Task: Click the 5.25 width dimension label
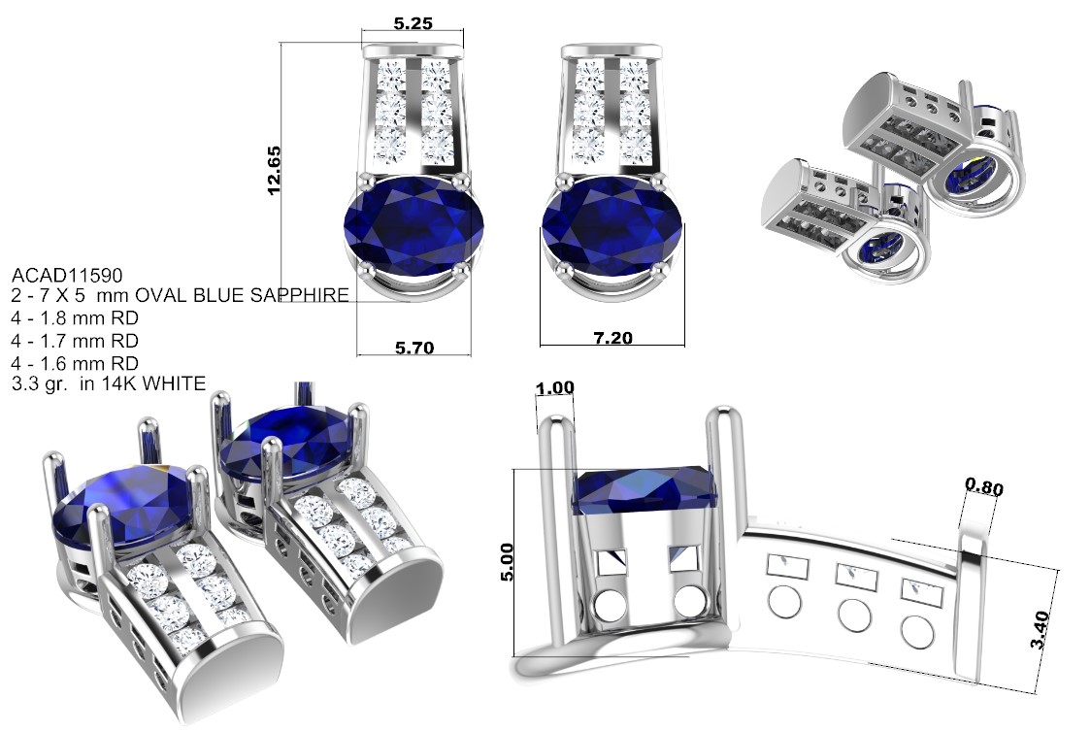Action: tap(413, 23)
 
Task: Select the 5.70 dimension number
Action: tap(414, 347)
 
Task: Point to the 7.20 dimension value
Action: tap(612, 338)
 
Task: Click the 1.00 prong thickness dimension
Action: tap(555, 388)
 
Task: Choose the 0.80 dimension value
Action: tap(984, 486)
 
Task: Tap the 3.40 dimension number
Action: tap(1040, 629)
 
